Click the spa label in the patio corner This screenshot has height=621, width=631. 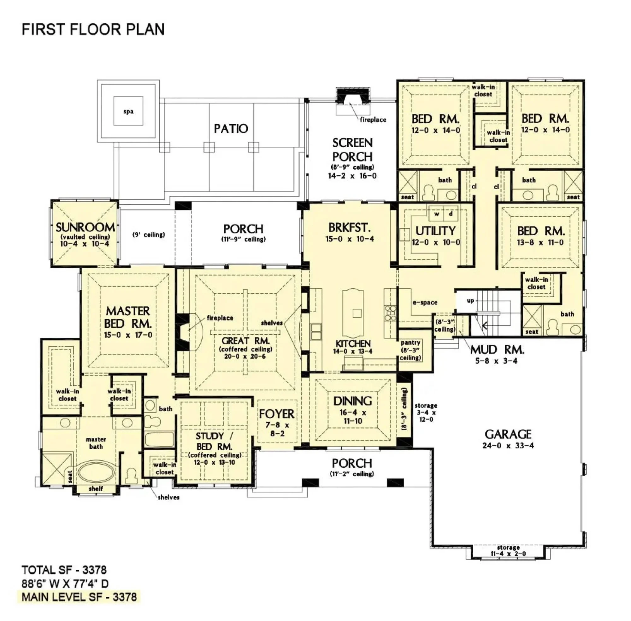[x=128, y=112]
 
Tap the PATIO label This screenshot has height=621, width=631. [x=231, y=128]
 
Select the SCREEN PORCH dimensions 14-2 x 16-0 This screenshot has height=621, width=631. [x=352, y=176]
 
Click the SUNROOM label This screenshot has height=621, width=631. [x=85, y=227]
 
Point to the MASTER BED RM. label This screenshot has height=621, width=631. [x=128, y=317]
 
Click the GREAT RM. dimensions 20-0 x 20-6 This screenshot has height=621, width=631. [x=245, y=356]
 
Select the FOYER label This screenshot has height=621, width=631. [x=277, y=414]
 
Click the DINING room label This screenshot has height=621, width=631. [x=352, y=401]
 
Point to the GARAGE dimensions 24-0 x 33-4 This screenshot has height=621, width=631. [x=508, y=446]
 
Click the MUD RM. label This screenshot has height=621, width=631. [x=497, y=350]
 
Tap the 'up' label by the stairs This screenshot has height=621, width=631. [x=470, y=300]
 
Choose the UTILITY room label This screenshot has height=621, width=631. [x=435, y=231]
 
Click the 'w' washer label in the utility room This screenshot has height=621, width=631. [x=437, y=214]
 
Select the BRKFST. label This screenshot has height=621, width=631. [x=349, y=227]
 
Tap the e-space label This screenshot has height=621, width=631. [x=425, y=302]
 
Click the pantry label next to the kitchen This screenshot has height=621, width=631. [x=410, y=343]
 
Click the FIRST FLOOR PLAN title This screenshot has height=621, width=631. [x=93, y=29]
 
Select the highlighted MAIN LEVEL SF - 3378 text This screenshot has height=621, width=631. [x=79, y=597]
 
